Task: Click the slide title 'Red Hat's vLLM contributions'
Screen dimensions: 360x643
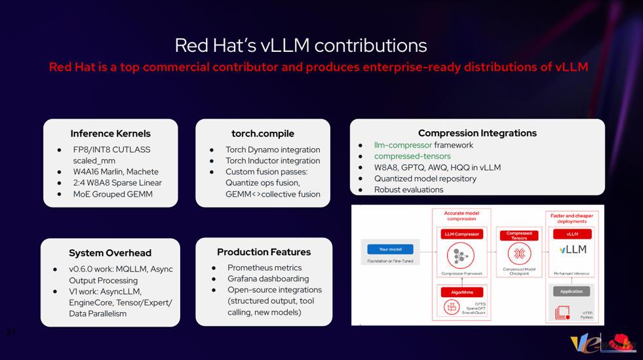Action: click(x=300, y=45)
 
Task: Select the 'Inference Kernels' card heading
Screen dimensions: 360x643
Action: click(x=110, y=134)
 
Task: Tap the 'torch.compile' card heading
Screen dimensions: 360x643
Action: click(x=263, y=134)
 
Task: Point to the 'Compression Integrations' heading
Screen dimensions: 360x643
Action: click(x=477, y=133)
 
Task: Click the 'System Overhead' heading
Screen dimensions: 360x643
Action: click(x=110, y=253)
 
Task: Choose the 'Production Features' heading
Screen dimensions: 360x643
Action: click(x=263, y=252)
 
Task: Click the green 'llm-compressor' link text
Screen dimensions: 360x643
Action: click(x=402, y=145)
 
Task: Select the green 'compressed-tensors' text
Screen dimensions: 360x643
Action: click(x=412, y=156)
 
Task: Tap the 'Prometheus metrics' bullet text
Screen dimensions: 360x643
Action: click(x=264, y=268)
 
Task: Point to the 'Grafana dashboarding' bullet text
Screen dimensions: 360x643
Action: click(x=268, y=279)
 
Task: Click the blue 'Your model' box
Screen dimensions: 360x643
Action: click(x=390, y=249)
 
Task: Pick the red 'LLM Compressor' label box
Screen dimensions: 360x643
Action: click(x=461, y=234)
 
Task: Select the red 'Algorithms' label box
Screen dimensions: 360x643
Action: click(x=461, y=292)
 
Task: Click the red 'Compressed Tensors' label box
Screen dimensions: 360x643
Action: click(x=519, y=235)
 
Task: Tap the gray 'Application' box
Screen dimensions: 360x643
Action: click(x=571, y=291)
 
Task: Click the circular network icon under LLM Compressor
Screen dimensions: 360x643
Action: click(x=461, y=255)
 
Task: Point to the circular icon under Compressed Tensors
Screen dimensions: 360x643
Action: click(x=519, y=254)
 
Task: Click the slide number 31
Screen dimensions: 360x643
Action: click(x=10, y=332)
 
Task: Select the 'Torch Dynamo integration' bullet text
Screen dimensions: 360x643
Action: click(x=273, y=150)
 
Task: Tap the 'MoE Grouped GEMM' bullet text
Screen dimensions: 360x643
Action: click(x=113, y=194)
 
